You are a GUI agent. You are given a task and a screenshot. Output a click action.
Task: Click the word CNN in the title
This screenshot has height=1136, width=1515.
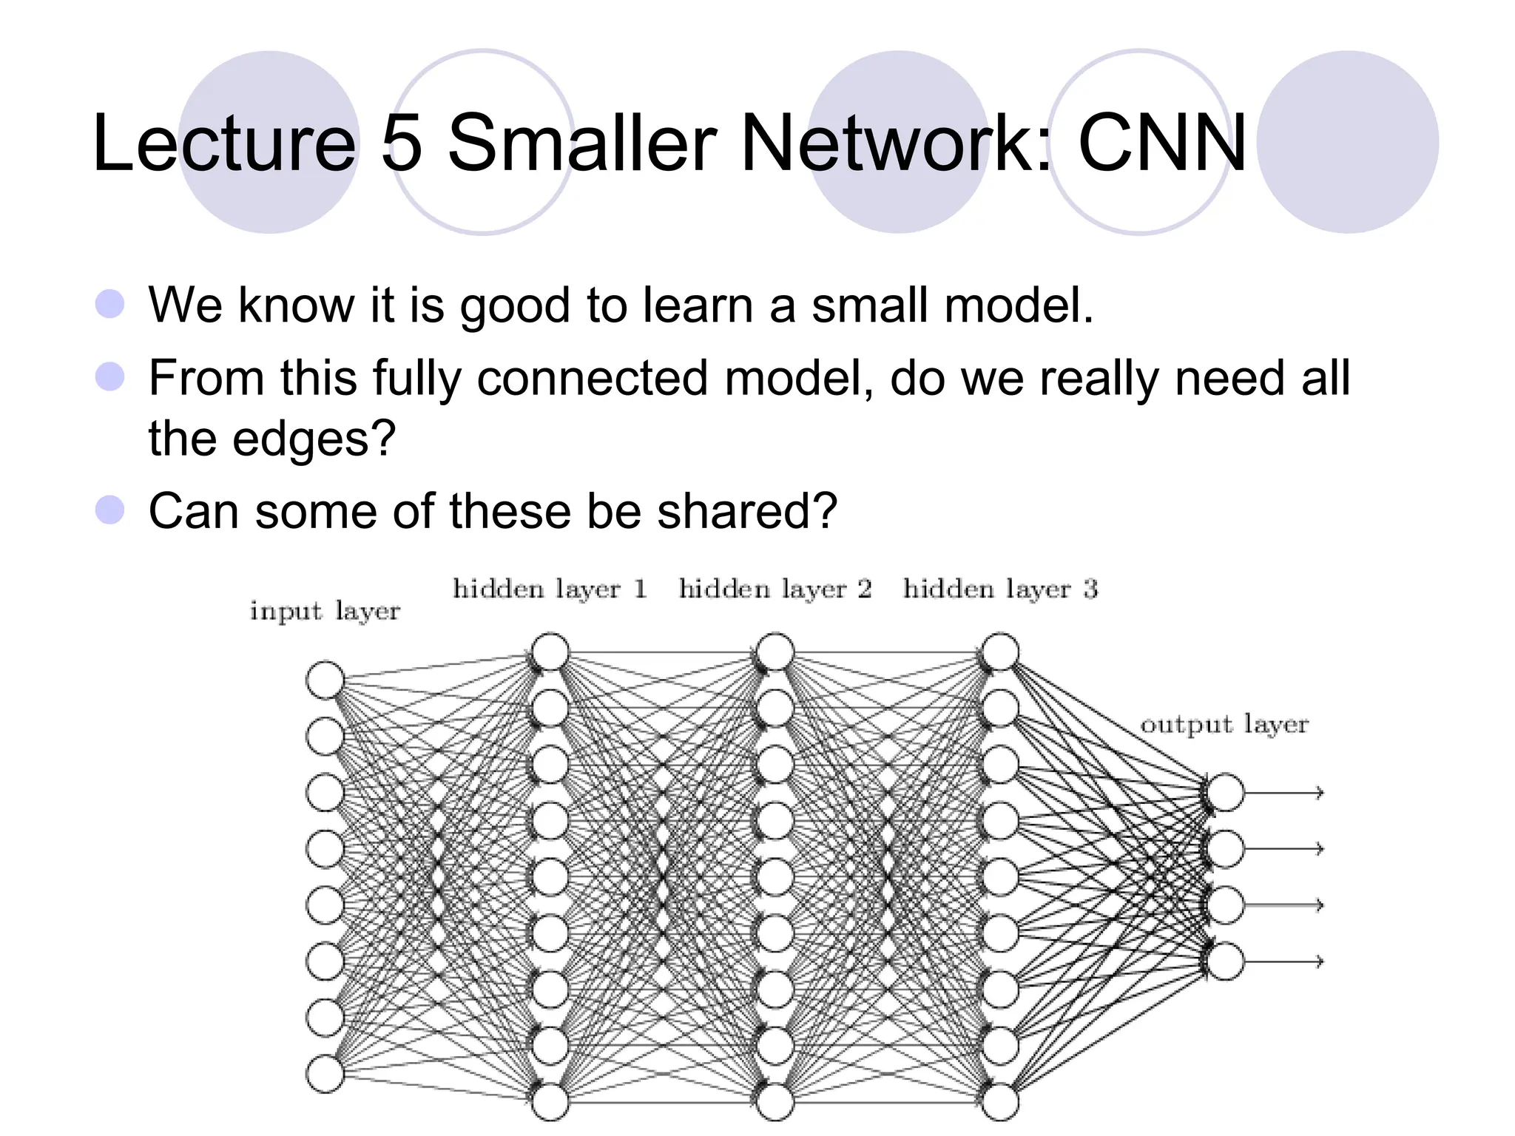pos(1162,143)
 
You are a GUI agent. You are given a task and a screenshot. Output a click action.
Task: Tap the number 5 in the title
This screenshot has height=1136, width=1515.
pos(402,143)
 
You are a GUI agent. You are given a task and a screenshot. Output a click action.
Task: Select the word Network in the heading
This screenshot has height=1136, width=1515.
pos(895,143)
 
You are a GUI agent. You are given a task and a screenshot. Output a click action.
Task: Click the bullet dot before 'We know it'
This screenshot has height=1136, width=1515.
pos(110,304)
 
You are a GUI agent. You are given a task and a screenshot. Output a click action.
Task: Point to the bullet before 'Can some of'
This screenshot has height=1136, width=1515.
pos(110,510)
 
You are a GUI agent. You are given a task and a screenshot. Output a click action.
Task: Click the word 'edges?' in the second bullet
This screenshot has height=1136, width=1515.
pos(314,439)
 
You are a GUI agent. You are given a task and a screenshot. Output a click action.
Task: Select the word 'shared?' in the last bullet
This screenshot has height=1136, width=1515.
pos(747,511)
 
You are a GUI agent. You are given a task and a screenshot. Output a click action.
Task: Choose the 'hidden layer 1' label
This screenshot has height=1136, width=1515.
pos(550,589)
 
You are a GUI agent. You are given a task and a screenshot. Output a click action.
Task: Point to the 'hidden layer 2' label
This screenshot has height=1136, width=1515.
pos(775,589)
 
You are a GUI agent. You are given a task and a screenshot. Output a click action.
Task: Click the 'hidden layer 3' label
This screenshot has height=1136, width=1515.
pos(1000,589)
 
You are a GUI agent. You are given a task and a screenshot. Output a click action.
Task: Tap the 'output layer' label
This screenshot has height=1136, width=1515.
pos(1224,725)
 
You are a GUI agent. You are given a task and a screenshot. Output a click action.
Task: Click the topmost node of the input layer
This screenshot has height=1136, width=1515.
pos(325,680)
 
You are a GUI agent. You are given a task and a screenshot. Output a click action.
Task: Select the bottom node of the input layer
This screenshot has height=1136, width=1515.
pos(325,1074)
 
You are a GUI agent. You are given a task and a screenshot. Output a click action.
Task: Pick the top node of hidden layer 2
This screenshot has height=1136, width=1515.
pos(775,652)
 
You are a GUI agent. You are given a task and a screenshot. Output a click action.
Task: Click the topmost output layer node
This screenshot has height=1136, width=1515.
pos(1225,792)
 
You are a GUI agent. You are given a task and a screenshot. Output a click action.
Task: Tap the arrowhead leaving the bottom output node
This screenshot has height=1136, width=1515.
pos(1318,961)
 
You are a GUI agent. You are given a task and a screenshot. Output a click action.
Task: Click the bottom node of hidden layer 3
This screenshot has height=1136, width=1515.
pos(1000,1101)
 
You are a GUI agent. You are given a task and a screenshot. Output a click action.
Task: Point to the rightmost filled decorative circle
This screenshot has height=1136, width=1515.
pos(1347,142)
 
